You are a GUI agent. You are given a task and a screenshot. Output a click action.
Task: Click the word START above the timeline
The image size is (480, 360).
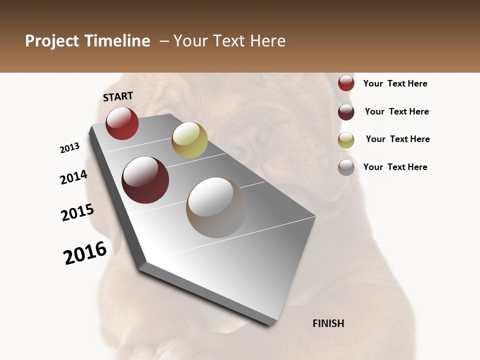118,96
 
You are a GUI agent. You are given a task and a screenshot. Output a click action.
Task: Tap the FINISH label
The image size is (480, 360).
328,323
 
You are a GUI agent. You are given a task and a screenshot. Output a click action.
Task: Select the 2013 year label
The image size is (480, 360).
70,148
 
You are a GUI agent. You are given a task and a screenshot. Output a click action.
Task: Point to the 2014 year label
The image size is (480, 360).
73,177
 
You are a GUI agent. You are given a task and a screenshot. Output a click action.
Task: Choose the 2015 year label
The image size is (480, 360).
77,212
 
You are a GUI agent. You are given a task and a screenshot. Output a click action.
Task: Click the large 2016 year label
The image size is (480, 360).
85,253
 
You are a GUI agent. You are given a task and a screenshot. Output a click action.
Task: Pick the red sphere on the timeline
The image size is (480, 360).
122,123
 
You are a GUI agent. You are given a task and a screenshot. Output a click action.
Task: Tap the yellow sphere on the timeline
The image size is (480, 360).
189,139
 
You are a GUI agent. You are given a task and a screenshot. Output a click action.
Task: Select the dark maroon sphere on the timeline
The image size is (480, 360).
145,180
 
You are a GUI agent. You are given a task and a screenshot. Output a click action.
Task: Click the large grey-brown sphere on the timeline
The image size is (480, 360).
216,207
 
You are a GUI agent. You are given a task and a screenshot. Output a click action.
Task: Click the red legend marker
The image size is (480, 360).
346,83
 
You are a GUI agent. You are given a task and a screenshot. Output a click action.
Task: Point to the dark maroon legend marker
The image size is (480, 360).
346,112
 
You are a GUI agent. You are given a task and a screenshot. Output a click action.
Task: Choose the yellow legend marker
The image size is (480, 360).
346,140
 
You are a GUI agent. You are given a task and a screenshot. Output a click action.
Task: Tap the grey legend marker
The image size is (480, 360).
346,167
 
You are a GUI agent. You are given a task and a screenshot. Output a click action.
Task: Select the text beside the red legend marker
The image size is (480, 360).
395,83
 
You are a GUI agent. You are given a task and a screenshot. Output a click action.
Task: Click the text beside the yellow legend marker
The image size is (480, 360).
397,139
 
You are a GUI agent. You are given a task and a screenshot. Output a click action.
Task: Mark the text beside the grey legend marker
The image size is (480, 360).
395,167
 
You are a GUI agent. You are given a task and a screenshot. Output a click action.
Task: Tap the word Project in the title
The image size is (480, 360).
52,41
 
